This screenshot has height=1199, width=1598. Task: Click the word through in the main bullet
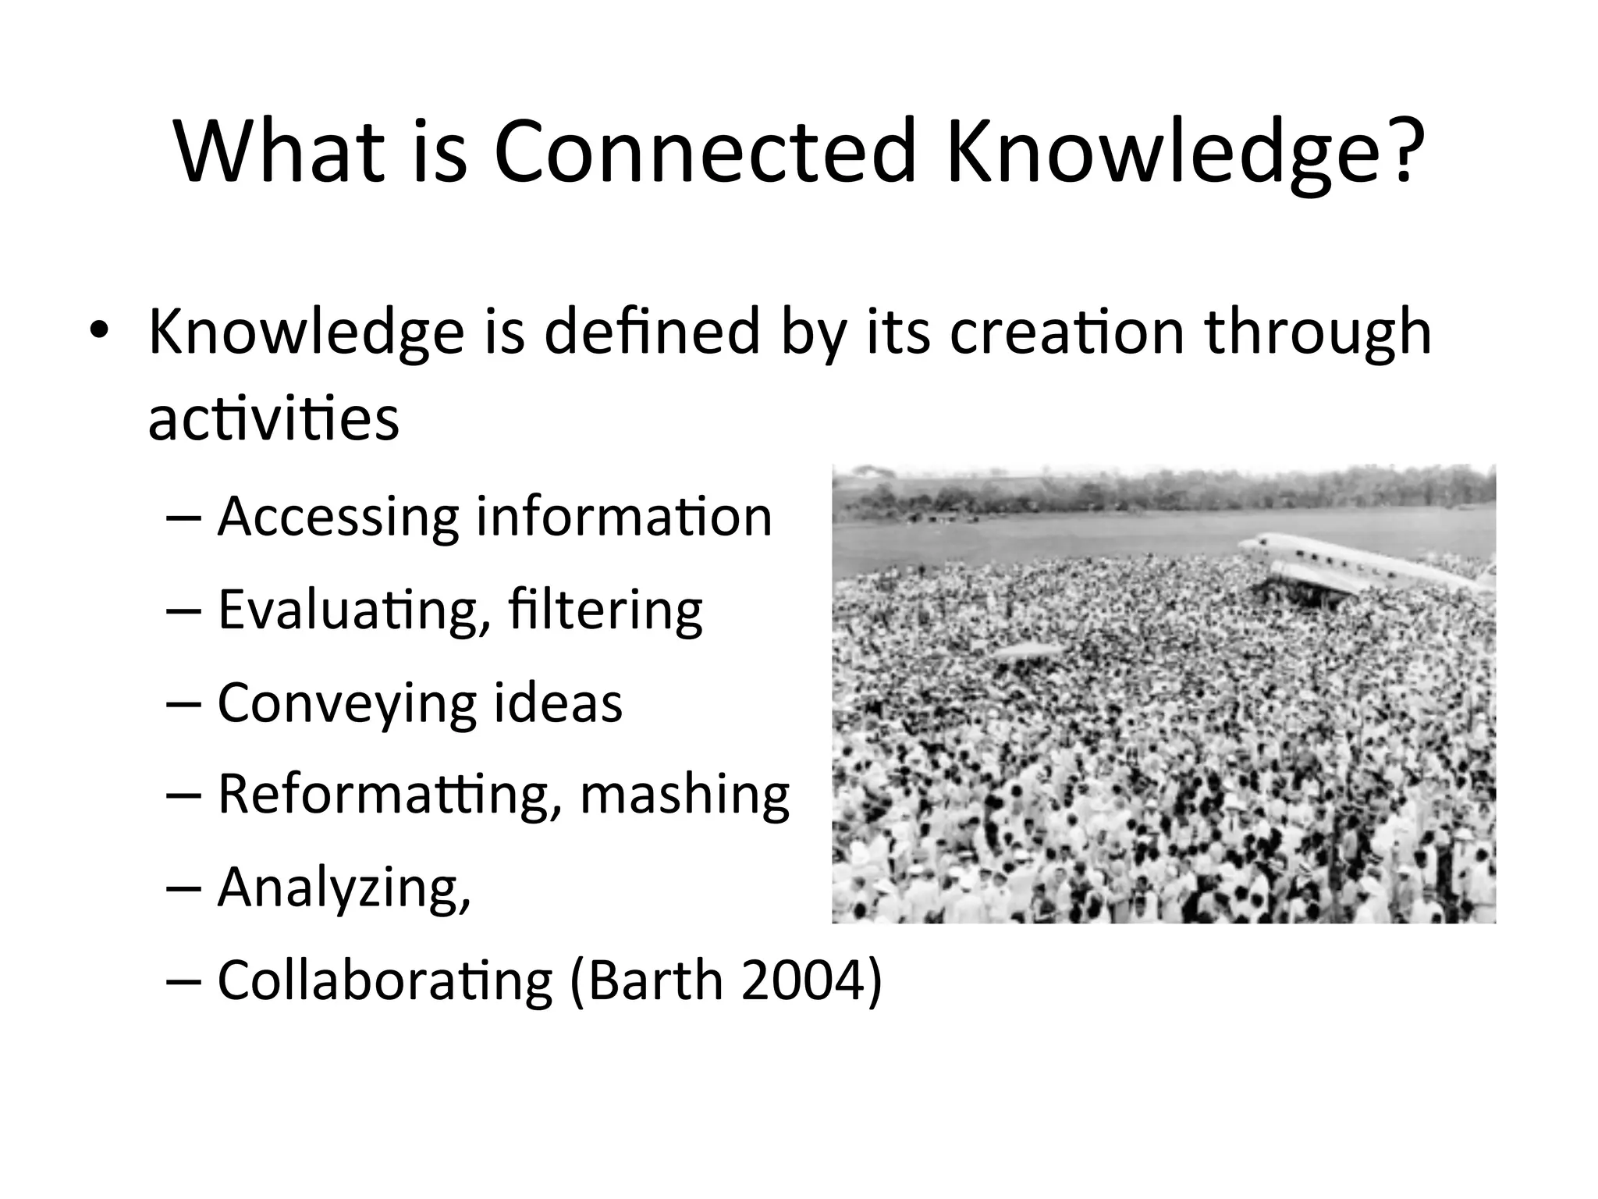(1318, 331)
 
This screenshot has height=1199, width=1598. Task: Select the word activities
(273, 418)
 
